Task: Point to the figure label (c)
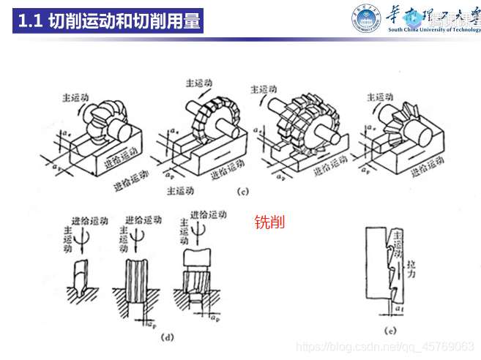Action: click(244, 192)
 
